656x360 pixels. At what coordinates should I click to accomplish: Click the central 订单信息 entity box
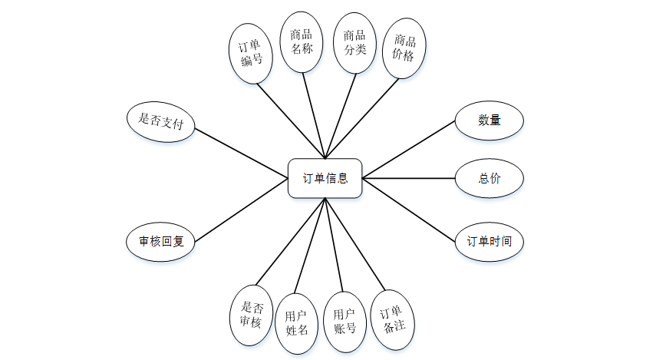tap(325, 178)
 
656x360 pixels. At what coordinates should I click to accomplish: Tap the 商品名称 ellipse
tap(301, 42)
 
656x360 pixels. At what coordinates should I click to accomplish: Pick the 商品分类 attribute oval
tap(354, 43)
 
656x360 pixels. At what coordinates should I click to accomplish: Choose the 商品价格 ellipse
tap(404, 48)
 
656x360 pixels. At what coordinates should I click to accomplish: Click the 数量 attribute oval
tap(490, 121)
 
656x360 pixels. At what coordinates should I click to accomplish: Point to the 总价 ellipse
tap(490, 178)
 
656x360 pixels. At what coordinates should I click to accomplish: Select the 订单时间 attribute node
tap(490, 241)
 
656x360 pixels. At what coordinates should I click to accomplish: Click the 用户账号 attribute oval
tap(344, 322)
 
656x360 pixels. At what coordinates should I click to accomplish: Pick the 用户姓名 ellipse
tap(296, 323)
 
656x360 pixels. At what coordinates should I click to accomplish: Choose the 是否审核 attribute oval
tap(251, 315)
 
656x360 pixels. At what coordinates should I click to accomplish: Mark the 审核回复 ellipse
tap(160, 241)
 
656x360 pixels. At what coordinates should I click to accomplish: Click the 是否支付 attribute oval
tap(160, 121)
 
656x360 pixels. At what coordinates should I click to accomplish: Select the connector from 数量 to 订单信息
tap(409, 150)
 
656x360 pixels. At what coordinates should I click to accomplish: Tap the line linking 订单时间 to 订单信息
tap(409, 208)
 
